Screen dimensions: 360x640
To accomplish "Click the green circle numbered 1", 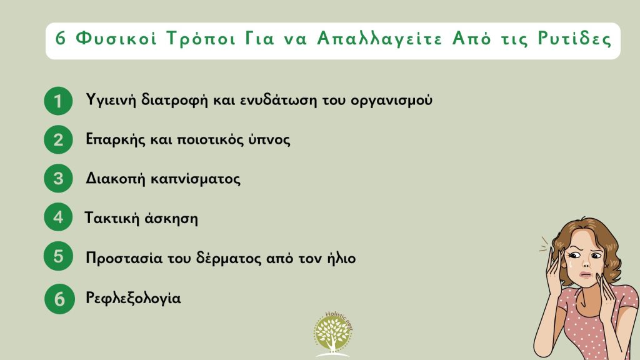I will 58,101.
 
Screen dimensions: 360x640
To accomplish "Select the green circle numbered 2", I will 58,139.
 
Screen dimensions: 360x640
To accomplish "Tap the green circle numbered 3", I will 58,179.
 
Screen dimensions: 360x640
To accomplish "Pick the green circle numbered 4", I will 58,218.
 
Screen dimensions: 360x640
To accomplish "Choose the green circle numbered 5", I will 58,257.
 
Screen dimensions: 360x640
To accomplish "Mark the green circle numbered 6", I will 59,299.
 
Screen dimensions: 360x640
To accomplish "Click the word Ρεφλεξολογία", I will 133,299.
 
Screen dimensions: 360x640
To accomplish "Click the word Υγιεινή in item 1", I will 110,101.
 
